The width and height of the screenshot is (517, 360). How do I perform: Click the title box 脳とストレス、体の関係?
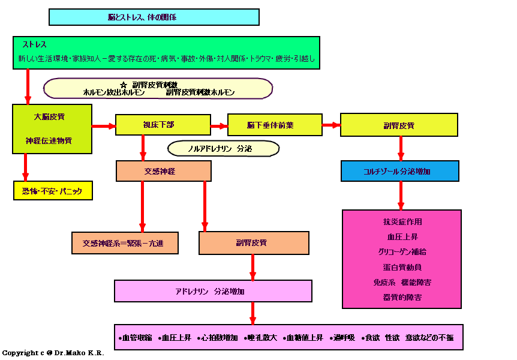point(154,17)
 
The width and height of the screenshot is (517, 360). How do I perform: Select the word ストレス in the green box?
point(35,45)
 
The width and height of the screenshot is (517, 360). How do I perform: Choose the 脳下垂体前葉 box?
point(275,125)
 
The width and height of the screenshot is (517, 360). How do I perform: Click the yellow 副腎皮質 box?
point(399,125)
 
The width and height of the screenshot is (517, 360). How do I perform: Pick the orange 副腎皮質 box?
point(254,243)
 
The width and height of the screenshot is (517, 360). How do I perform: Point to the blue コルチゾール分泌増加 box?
point(400,171)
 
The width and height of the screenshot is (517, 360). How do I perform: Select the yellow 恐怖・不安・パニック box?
point(53,190)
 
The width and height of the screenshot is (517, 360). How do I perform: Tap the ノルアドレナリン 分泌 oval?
point(223,148)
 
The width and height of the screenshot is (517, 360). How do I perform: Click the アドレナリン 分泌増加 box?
point(213,291)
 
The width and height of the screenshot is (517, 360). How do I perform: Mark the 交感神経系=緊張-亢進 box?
point(125,243)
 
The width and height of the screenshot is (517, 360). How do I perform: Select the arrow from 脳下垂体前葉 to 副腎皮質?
point(331,125)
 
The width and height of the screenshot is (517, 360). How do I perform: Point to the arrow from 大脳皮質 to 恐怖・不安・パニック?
point(26,167)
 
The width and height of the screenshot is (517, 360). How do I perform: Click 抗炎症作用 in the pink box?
point(401,222)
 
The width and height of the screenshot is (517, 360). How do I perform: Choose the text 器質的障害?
point(401,297)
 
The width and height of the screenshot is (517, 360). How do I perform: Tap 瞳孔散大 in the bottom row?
point(261,338)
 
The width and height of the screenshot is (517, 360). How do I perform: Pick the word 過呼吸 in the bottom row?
point(344,338)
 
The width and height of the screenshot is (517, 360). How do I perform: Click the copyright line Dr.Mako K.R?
point(53,353)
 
